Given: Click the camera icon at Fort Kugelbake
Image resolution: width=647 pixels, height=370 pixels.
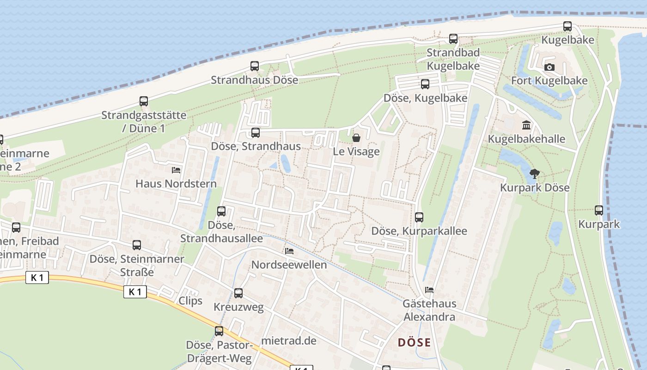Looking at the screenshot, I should point(549,68).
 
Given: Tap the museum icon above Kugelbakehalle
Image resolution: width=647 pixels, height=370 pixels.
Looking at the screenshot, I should point(526,125).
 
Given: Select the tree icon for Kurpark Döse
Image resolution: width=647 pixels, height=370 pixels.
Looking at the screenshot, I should point(535,174).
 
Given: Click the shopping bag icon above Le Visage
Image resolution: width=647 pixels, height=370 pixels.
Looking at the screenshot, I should point(356,138).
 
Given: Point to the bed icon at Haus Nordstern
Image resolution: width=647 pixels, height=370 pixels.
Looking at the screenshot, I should point(176,170).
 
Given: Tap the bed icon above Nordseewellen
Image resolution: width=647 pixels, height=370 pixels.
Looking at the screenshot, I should point(289,251).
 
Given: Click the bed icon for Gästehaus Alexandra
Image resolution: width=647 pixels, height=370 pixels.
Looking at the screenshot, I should point(429,290).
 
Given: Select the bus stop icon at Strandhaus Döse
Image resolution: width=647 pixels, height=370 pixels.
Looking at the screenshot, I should point(255,66).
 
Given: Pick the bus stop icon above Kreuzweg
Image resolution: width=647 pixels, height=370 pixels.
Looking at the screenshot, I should point(238,293).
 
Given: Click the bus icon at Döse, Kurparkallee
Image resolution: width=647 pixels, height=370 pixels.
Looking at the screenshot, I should point(419,217).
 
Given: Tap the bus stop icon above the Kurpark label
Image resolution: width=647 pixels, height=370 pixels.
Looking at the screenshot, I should point(599,210).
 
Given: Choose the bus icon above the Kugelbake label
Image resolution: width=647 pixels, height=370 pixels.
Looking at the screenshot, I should point(568,26).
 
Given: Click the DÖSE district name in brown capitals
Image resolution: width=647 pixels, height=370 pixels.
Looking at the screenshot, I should point(414,343).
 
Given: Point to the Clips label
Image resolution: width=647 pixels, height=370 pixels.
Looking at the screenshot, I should point(190,301).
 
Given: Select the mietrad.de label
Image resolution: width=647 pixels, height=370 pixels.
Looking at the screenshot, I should point(289,341).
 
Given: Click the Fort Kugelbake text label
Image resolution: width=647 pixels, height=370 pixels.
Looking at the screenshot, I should point(549,81).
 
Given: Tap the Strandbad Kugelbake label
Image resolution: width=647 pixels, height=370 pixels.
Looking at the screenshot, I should point(453,59).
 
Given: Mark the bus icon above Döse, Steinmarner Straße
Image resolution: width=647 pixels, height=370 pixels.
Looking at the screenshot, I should point(137,245).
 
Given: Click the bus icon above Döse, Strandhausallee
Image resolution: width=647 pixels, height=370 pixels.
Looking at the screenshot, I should point(221,211).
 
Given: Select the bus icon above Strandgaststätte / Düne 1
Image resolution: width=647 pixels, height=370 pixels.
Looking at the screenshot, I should point(144,101).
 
